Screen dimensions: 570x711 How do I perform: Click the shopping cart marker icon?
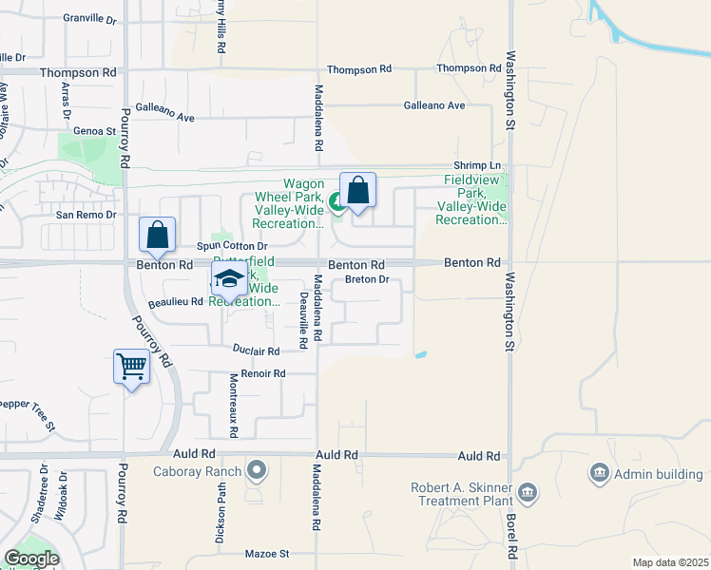[x=131, y=366]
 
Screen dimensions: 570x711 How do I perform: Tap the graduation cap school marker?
[x=228, y=278]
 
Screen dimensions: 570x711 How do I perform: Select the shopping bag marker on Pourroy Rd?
[x=157, y=234]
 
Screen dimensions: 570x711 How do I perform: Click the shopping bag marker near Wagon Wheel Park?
[x=357, y=189]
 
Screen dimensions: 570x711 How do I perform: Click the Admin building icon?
[x=599, y=472]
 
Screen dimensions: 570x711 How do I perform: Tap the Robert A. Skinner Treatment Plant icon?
[x=528, y=492]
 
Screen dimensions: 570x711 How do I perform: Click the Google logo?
[x=31, y=559]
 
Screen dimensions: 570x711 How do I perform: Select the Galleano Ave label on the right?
[x=434, y=105]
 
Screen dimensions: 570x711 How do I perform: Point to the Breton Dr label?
[x=368, y=279]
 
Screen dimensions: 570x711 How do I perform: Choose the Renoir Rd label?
[x=263, y=374]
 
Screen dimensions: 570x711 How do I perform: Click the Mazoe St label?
[x=266, y=553]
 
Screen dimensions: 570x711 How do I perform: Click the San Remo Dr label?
[x=86, y=215]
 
